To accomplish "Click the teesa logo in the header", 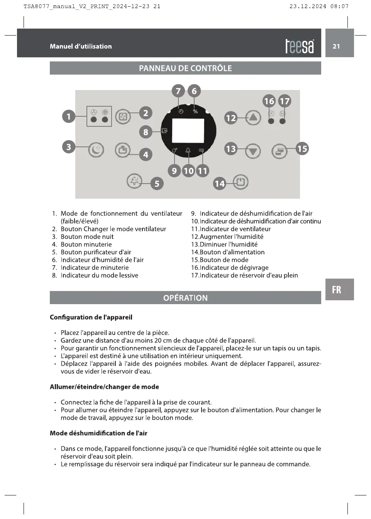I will coord(300,46).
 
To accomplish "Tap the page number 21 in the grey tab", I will coord(336,46).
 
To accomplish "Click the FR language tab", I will coord(337,290).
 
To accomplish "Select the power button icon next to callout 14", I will coord(241,182).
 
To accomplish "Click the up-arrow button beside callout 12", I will coord(253,117).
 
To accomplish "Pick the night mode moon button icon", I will coord(96,149).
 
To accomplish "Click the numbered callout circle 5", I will coord(157,184).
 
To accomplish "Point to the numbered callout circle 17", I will coord(285,101).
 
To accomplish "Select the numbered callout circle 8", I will coord(146,132).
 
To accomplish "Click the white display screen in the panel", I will coord(188,131).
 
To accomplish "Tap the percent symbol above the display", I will coord(195,112).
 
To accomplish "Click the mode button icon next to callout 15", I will coord(279,151).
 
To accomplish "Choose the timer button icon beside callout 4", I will coord(123,150).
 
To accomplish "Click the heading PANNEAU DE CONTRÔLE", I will coord(185,68).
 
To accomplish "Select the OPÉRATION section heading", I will coord(185,298).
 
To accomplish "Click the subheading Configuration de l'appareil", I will coord(91,317).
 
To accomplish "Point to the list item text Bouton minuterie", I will coord(86,244).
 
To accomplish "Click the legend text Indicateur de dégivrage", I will coord(234,267).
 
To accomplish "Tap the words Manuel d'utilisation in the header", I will coord(81,46).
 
